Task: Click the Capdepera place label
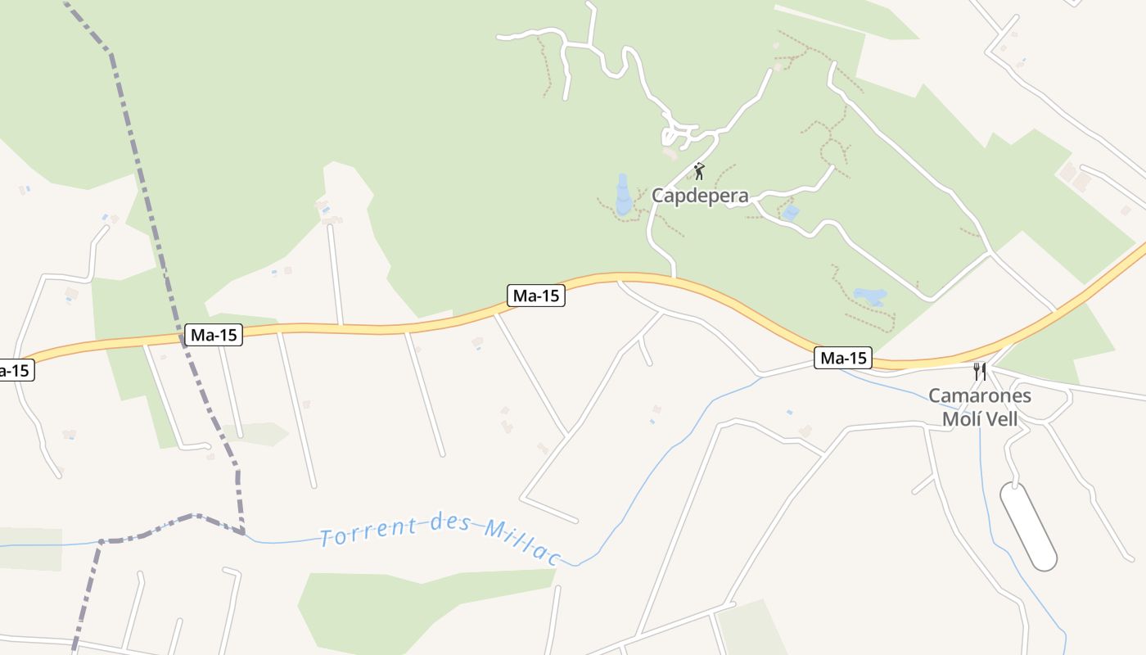tap(700, 196)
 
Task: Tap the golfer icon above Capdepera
tap(699, 171)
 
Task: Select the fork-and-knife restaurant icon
tap(979, 372)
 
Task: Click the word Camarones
tap(979, 396)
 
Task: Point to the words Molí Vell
tap(980, 419)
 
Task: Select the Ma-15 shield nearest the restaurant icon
tap(843, 358)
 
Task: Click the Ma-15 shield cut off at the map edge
tap(15, 370)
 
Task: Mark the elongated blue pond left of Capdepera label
tap(624, 196)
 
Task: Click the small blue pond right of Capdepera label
tap(790, 213)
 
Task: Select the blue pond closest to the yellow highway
tap(869, 296)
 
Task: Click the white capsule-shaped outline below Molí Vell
tap(1028, 526)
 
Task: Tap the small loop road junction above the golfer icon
tap(679, 133)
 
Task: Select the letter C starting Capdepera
tap(658, 196)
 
